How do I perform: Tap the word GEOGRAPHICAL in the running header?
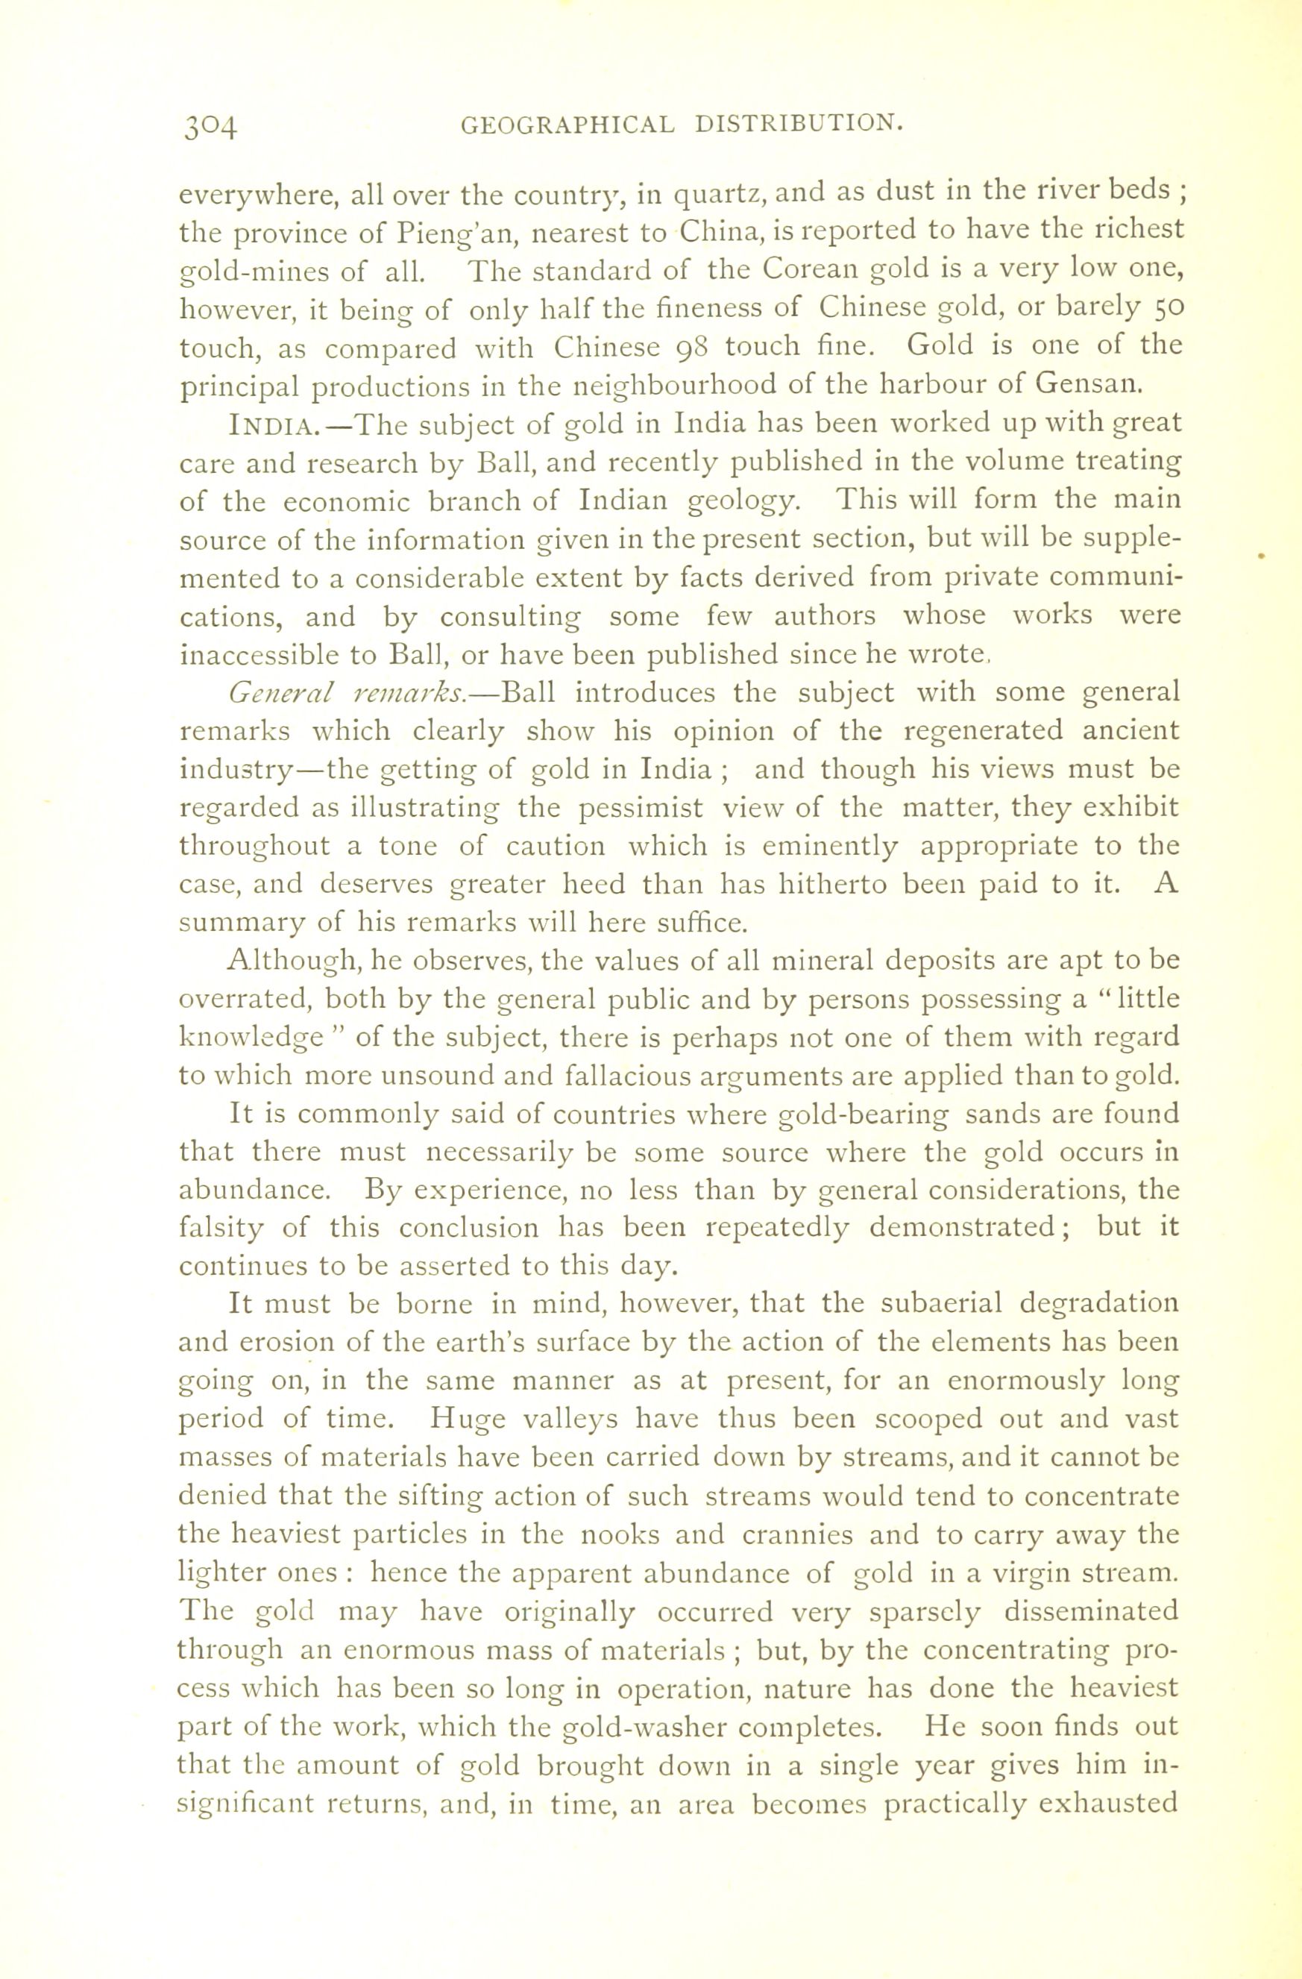[567, 125]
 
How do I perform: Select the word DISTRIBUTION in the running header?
[798, 125]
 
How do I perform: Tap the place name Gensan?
[1085, 385]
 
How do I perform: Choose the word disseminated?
[1091, 1611]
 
